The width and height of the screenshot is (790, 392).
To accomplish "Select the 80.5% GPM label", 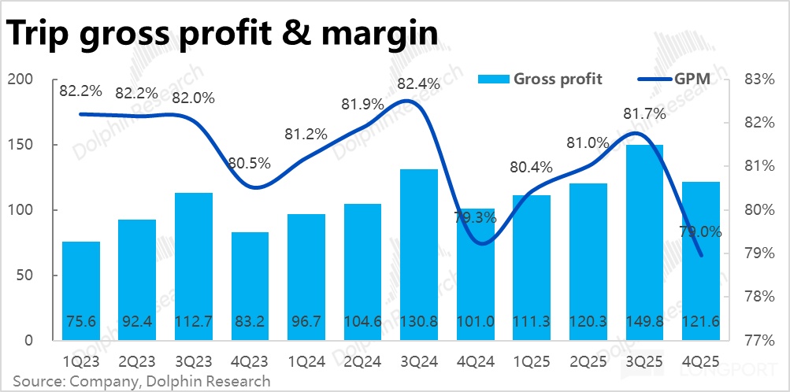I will pyautogui.click(x=250, y=164).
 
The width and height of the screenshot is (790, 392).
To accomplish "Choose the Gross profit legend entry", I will pyautogui.click(x=540, y=79).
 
